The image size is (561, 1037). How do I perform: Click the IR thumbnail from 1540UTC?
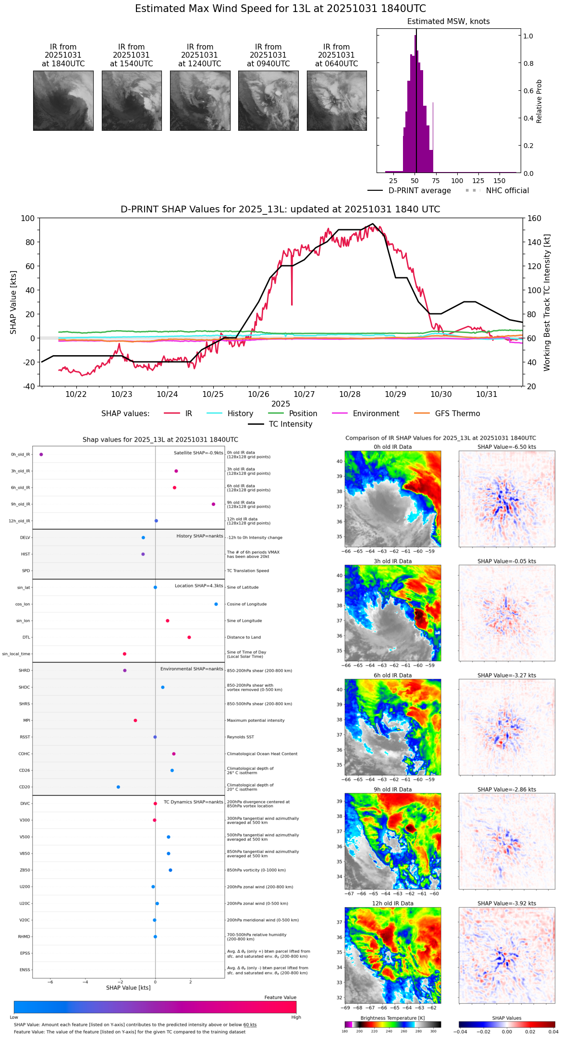[132, 100]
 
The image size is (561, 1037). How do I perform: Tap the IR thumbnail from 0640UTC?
[337, 100]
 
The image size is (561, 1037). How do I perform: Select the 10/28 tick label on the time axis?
[350, 395]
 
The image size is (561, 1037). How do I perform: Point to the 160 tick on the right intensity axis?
[535, 218]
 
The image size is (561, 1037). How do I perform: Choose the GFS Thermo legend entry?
[457, 414]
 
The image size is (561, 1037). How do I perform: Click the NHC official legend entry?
[507, 191]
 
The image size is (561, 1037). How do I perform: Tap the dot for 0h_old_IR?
[41, 454]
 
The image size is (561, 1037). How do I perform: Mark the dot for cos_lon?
[216, 604]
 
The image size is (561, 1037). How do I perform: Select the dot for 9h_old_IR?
[213, 504]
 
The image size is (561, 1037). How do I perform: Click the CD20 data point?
[118, 787]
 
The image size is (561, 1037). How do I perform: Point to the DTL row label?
[26, 637]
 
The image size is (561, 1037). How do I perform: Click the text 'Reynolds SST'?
[241, 737]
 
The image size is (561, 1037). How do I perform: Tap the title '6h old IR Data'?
[392, 675]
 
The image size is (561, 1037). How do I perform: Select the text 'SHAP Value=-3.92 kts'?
[507, 903]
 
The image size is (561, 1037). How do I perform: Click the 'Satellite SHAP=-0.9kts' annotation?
[198, 453]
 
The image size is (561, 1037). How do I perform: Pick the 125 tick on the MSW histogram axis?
[478, 181]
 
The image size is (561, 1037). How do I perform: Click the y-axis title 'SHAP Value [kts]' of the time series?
[13, 302]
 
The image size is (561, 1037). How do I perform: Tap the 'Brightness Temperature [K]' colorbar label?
[392, 1018]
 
